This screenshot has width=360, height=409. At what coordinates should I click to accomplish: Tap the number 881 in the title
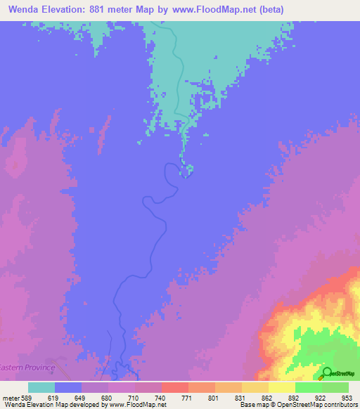111,10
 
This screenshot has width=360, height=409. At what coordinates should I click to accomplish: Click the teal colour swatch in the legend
41,387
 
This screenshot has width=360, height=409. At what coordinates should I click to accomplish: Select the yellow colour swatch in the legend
281,387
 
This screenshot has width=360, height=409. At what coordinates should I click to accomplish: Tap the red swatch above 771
174,387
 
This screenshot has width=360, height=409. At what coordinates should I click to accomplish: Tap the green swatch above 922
308,387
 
